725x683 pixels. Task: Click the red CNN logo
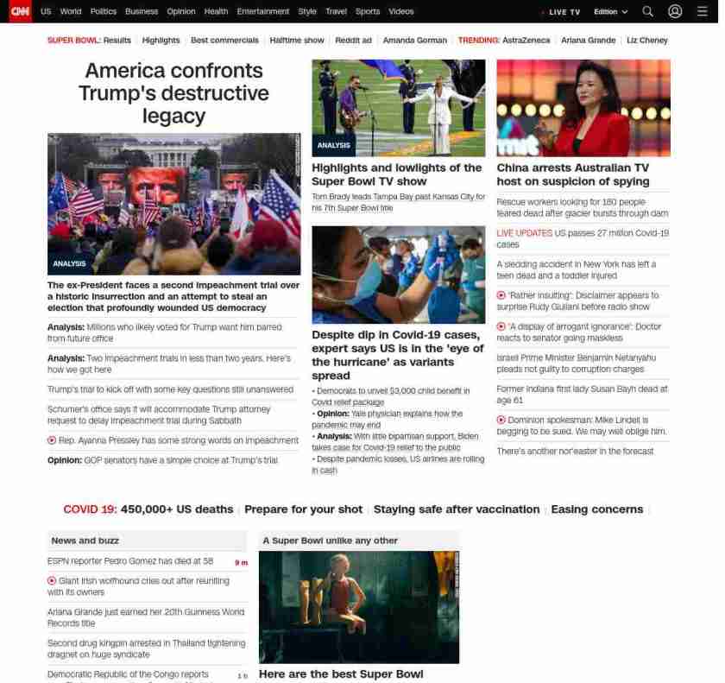click(x=20, y=11)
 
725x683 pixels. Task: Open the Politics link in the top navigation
click(x=103, y=12)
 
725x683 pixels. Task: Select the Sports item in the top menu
click(x=367, y=12)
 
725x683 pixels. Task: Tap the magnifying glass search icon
click(x=647, y=11)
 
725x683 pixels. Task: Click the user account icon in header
click(x=675, y=11)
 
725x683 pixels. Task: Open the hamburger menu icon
click(x=702, y=11)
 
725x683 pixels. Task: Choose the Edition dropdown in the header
click(x=610, y=12)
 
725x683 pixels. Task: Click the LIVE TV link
click(x=563, y=12)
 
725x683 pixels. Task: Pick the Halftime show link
click(x=297, y=41)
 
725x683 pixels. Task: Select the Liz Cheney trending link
click(x=646, y=41)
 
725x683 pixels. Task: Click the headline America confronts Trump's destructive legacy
click(x=173, y=93)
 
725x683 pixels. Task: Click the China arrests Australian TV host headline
click(x=572, y=174)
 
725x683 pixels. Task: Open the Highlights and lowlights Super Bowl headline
click(x=396, y=174)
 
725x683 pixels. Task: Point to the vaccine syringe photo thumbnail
click(x=398, y=275)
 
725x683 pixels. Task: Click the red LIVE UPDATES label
click(x=524, y=233)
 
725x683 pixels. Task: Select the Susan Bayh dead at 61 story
click(x=582, y=395)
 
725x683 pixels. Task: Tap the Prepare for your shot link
click(x=303, y=509)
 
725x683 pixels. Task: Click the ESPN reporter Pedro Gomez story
click(x=130, y=561)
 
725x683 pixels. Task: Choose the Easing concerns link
click(x=596, y=509)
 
